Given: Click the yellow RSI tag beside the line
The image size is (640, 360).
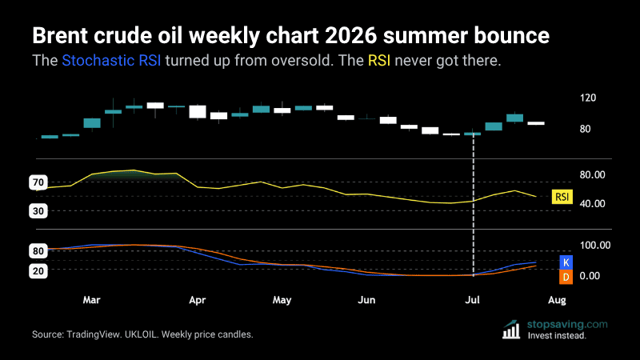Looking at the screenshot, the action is pos(562,197).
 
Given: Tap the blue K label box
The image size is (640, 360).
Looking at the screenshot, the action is pos(566,262).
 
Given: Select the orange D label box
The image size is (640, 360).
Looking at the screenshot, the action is pos(566,277).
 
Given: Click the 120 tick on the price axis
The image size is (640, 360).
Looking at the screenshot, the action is pos(588,98).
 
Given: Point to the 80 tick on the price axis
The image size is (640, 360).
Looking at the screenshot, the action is pos(585,129).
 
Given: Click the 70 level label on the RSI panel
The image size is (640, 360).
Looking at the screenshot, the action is pos(38,182).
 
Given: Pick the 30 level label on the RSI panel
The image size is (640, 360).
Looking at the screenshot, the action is pos(38,211).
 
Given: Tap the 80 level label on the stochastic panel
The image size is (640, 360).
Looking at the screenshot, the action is pos(38,251).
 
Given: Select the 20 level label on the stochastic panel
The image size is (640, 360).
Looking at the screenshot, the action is pos(38,271).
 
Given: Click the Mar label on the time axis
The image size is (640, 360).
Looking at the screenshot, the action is pos(91,300).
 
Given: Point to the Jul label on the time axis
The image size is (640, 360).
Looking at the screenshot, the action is pos(472,300).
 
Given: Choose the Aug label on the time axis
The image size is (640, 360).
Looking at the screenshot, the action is pos(557,301).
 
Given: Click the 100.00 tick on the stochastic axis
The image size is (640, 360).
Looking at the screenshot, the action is pos(595,246).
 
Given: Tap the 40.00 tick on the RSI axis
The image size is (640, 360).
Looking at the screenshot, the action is pos(592,204).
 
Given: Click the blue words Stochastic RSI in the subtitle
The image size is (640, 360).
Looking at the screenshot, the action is pos(111,61).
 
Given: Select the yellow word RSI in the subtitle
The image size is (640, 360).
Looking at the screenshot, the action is pos(379,61).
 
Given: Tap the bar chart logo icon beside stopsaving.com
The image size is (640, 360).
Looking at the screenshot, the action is pos(511,330).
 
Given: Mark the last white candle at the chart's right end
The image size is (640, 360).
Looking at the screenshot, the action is pos(536,123).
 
